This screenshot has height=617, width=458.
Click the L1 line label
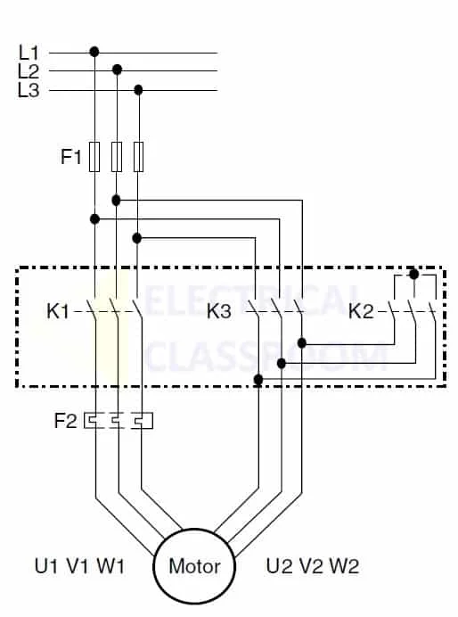pyautogui.click(x=29, y=53)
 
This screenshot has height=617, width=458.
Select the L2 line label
pyautogui.click(x=29, y=71)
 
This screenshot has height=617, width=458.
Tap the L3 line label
pyautogui.click(x=29, y=90)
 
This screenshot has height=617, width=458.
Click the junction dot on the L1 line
pyautogui.click(x=94, y=52)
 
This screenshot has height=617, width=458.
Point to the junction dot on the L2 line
pyautogui.click(x=117, y=70)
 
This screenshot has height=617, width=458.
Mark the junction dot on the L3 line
pyautogui.click(x=138, y=90)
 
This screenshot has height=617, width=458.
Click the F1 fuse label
pyautogui.click(x=70, y=157)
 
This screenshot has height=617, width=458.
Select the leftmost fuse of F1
pyautogui.click(x=94, y=157)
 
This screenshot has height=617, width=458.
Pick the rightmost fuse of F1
pyautogui.click(x=138, y=157)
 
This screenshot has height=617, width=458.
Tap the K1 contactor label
pyautogui.click(x=57, y=311)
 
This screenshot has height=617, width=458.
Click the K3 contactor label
pyautogui.click(x=219, y=311)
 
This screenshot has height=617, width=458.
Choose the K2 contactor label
pyautogui.click(x=361, y=311)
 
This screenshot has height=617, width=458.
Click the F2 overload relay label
pyautogui.click(x=66, y=421)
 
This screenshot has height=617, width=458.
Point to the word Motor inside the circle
pyautogui.click(x=194, y=566)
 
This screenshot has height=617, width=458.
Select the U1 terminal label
pyautogui.click(x=46, y=566)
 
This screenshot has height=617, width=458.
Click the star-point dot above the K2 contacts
pyautogui.click(x=414, y=274)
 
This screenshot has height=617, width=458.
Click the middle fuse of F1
pyautogui.click(x=117, y=157)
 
